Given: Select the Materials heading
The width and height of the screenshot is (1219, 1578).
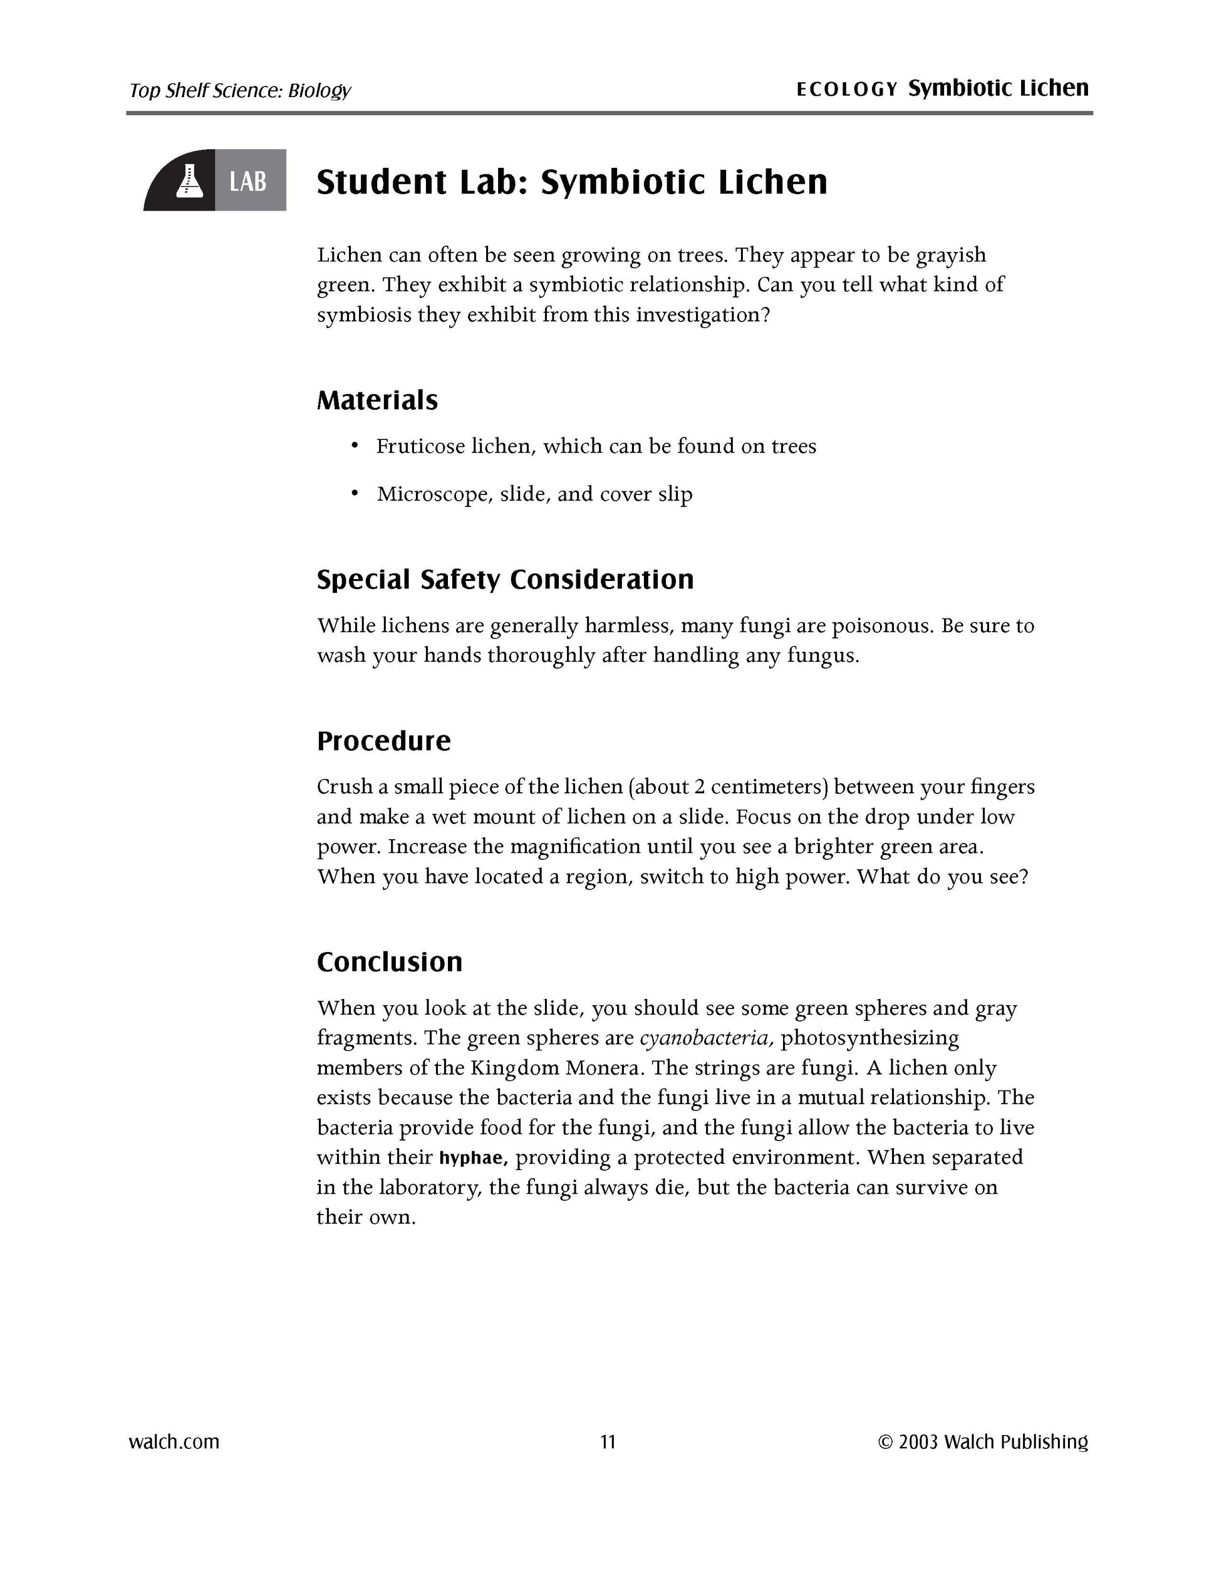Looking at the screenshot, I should click(377, 400).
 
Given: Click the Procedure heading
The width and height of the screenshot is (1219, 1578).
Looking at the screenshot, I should click(383, 741).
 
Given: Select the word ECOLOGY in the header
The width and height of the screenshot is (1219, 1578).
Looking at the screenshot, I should click(846, 90).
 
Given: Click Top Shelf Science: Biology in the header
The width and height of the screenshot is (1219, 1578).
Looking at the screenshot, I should click(240, 91).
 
